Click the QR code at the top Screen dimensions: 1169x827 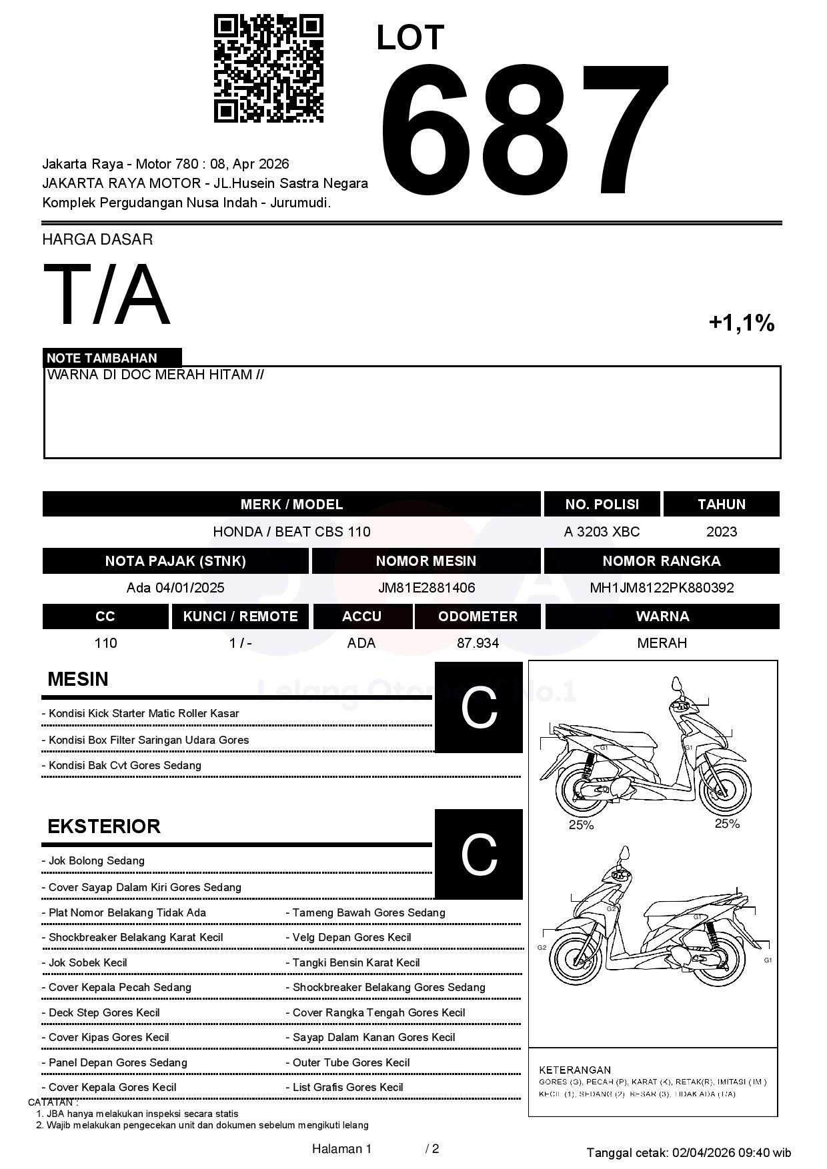coord(268,69)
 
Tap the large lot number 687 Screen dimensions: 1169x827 coord(524,130)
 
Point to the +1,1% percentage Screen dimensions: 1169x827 coord(741,323)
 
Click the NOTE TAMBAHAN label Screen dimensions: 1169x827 coord(102,358)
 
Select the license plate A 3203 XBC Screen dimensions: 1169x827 coord(602,532)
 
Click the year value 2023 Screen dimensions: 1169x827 coord(722,532)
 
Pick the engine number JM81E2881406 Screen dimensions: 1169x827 coord(426,588)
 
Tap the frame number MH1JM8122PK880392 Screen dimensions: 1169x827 coord(662,588)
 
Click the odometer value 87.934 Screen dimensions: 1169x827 coord(478,643)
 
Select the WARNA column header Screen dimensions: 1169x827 coord(662,616)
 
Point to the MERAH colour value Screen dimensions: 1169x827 coord(662,643)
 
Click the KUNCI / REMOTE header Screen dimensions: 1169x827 coord(240,616)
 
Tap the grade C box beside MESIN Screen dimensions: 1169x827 coord(479,708)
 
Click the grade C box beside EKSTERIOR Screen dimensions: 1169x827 coord(479,854)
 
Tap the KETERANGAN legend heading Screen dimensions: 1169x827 coord(575,1070)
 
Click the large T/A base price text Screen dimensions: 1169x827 coord(107,295)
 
